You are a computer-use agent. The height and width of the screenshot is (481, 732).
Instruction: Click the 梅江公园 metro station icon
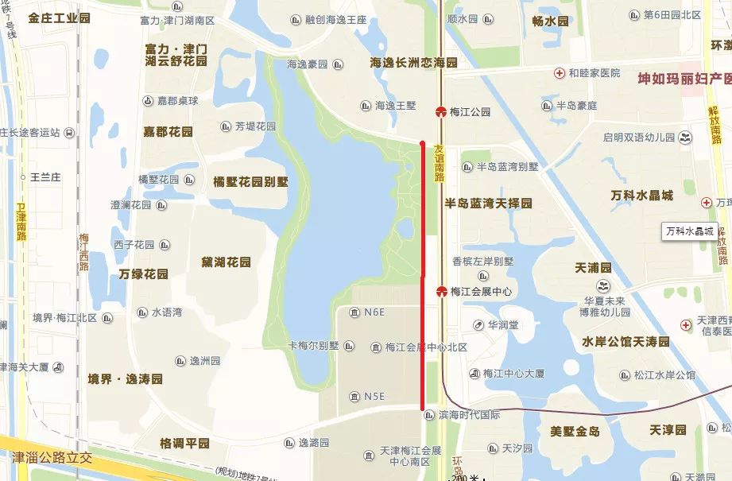pyautogui.click(x=440, y=112)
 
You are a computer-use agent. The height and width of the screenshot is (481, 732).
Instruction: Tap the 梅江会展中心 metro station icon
pyautogui.click(x=440, y=292)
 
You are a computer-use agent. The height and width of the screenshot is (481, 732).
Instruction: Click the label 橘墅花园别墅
pyautogui.click(x=250, y=181)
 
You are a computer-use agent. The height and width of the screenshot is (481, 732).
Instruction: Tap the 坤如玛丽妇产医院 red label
pyautogui.click(x=683, y=80)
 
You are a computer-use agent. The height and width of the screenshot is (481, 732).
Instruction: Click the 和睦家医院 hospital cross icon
pyautogui.click(x=560, y=73)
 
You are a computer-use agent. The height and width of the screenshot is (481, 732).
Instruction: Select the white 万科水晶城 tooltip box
pyautogui.click(x=689, y=231)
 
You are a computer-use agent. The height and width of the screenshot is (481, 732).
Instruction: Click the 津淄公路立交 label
pyautogui.click(x=52, y=458)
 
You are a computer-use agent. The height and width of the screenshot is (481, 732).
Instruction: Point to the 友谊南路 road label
pyautogui.click(x=439, y=162)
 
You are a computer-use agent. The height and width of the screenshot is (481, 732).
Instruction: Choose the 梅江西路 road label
pyautogui.click(x=83, y=253)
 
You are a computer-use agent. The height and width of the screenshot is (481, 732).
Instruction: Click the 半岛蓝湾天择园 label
pyautogui.click(x=488, y=204)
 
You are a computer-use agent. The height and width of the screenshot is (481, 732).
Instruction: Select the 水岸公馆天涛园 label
pyautogui.click(x=625, y=342)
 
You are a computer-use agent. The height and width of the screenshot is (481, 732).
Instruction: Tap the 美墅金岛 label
pyautogui.click(x=575, y=431)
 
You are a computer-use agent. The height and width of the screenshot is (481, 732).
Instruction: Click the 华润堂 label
pyautogui.click(x=502, y=325)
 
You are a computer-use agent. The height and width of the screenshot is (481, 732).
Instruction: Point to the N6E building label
pyautogui.click(x=374, y=312)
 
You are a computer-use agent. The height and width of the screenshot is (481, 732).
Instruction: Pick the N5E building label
pyautogui.click(x=374, y=396)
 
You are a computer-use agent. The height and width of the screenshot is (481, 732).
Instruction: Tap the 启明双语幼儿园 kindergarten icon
pyautogui.click(x=684, y=138)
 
